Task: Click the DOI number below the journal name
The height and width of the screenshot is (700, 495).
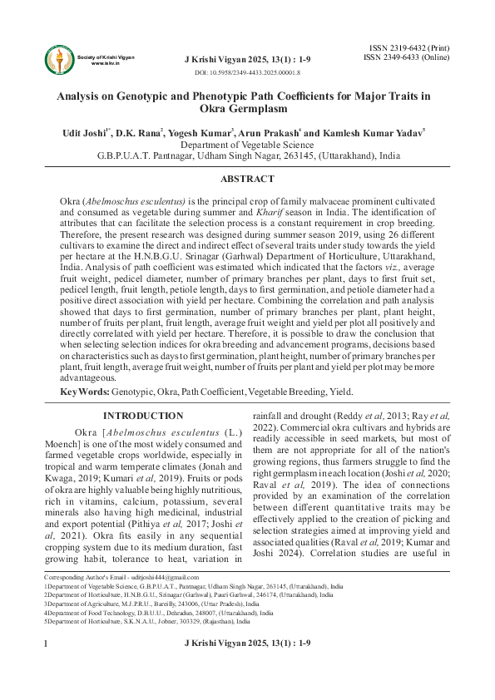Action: pos(247,74)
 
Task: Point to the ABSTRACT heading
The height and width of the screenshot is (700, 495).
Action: pos(247,179)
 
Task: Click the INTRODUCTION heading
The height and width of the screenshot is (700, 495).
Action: pos(143,416)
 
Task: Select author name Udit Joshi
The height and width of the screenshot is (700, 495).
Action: pos(88,132)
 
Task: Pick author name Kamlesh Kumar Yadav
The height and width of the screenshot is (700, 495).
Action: pos(379,132)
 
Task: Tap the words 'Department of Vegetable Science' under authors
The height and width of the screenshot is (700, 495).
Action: pos(247,144)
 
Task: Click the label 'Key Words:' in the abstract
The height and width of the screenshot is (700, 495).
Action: pos(84,392)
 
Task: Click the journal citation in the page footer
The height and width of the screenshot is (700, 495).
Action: pos(247,667)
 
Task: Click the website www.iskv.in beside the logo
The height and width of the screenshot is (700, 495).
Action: pos(103,63)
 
